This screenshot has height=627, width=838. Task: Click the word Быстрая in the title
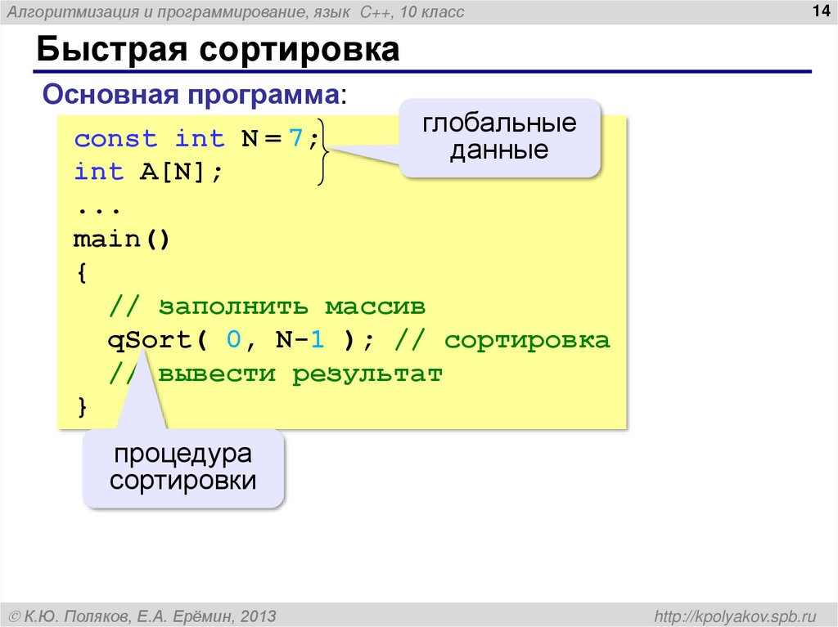(105, 51)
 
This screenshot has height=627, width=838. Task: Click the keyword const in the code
(115, 139)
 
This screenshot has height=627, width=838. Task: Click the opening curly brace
(81, 273)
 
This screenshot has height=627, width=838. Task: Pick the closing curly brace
(81, 407)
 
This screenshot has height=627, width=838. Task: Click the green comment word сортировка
(527, 340)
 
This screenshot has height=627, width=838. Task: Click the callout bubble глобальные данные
(499, 137)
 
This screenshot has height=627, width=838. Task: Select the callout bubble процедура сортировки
(183, 467)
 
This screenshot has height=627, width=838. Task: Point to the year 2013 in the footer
(257, 615)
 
